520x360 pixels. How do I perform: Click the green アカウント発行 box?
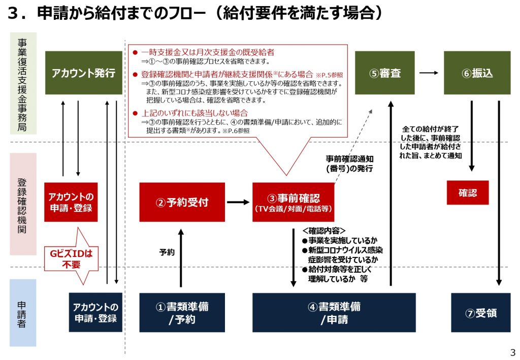click(x=83, y=73)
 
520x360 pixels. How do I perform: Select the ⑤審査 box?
click(x=384, y=73)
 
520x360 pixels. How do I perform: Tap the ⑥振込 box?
click(x=477, y=73)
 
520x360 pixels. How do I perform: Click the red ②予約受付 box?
click(x=182, y=202)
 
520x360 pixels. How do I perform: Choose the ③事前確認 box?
click(x=294, y=202)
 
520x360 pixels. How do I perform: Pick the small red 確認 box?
click(x=467, y=193)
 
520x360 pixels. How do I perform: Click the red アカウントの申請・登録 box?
click(x=71, y=202)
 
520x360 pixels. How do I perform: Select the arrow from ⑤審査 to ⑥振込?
click(x=429, y=73)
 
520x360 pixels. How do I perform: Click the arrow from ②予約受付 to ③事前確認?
click(x=238, y=202)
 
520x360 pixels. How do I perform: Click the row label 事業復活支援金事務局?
click(x=23, y=84)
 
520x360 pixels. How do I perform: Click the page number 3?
click(x=512, y=352)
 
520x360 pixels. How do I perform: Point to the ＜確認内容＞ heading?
click(x=324, y=231)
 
